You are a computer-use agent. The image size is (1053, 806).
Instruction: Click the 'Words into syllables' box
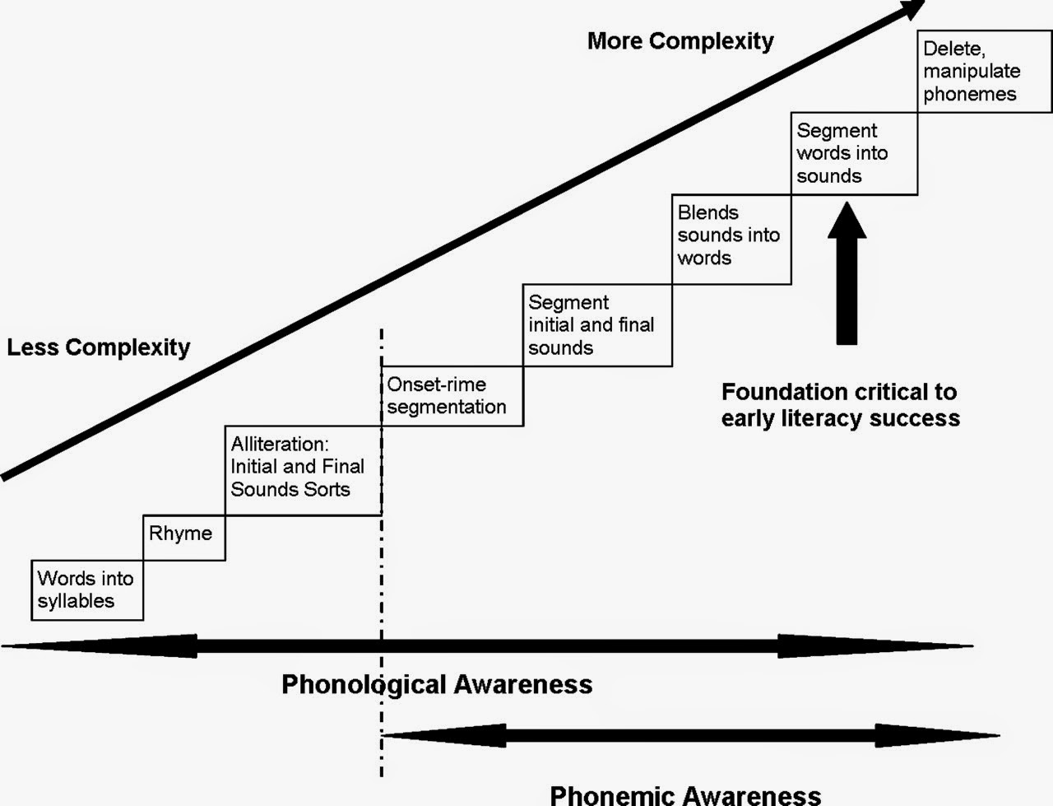(x=86, y=589)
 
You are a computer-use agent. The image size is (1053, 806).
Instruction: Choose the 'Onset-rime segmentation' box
(x=451, y=396)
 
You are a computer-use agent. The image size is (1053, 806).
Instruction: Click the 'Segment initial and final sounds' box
(x=596, y=325)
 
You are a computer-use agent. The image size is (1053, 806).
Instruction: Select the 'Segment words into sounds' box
(x=853, y=154)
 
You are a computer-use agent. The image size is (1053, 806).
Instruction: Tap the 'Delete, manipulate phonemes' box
(x=983, y=72)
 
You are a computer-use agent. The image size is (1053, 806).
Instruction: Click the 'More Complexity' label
(x=680, y=41)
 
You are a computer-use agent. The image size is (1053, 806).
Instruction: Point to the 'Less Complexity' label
(x=99, y=347)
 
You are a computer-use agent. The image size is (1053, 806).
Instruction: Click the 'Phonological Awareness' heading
(x=437, y=684)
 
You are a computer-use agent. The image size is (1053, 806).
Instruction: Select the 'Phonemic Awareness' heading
(x=684, y=794)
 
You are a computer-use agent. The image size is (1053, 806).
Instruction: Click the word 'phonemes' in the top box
(x=969, y=95)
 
